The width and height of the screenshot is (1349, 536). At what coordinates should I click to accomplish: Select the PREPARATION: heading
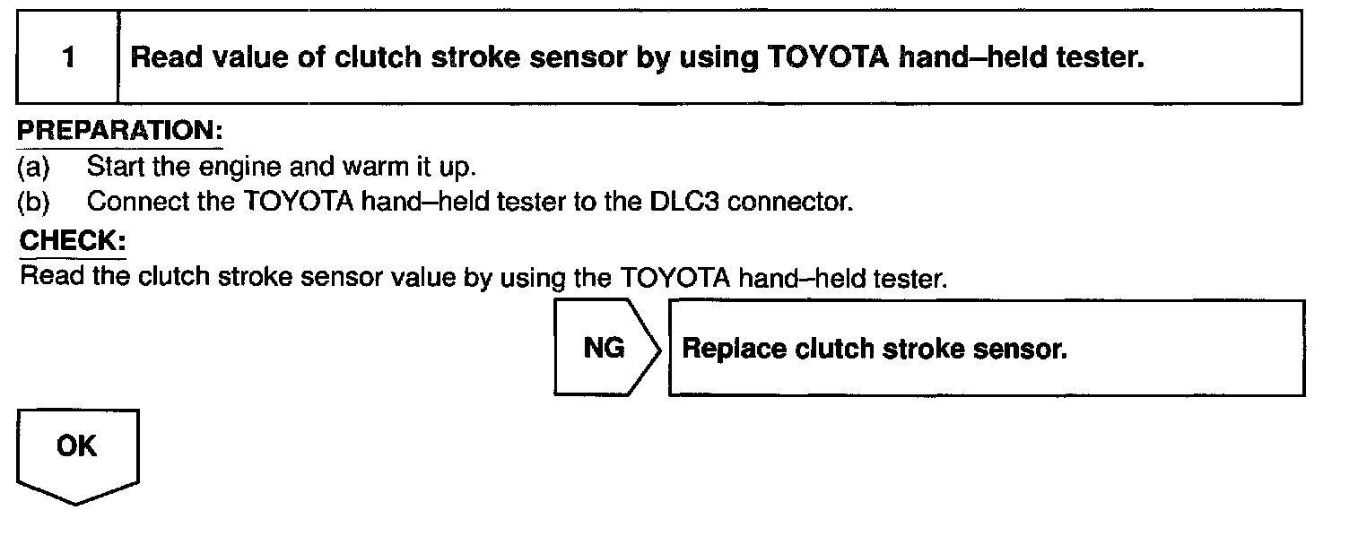[120, 131]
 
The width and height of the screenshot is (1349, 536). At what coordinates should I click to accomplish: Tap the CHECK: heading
[73, 242]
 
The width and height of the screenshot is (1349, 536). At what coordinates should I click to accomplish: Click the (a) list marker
[34, 167]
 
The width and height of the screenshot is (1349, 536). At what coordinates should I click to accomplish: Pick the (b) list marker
[34, 202]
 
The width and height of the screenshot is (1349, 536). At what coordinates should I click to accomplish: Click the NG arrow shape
[605, 348]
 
